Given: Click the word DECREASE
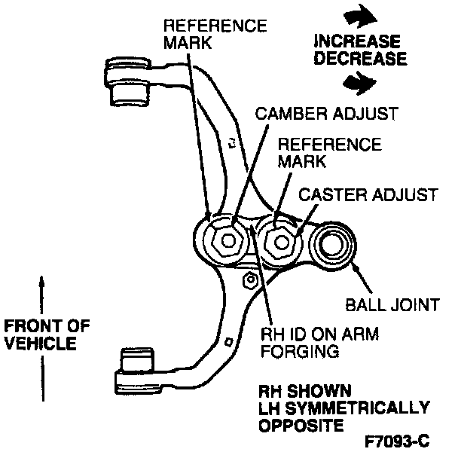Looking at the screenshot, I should point(359,57).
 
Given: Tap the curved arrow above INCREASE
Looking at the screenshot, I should point(355,16).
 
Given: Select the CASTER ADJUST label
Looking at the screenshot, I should point(368,194).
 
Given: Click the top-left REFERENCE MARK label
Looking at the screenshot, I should point(214,34).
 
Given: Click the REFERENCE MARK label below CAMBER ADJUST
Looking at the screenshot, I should point(329,152).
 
